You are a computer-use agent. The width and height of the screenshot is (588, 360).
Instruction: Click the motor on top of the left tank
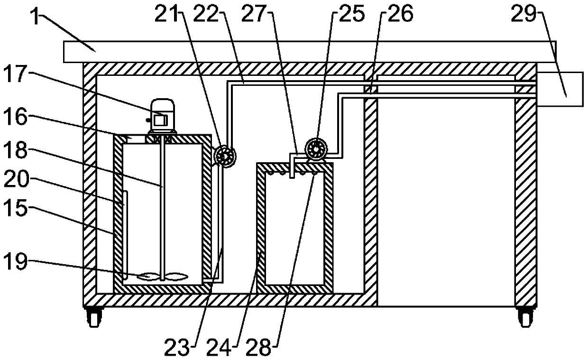(161, 115)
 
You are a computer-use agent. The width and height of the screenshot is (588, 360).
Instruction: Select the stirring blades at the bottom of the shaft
(163, 275)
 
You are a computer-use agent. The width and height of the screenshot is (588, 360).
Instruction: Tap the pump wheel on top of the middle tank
(314, 149)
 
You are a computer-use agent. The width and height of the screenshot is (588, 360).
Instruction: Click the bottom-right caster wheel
(525, 316)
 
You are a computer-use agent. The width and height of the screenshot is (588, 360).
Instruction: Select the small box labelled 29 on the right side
(560, 89)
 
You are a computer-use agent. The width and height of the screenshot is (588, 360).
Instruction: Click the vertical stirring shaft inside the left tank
(163, 204)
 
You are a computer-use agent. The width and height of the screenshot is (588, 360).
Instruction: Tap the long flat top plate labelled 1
(308, 51)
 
